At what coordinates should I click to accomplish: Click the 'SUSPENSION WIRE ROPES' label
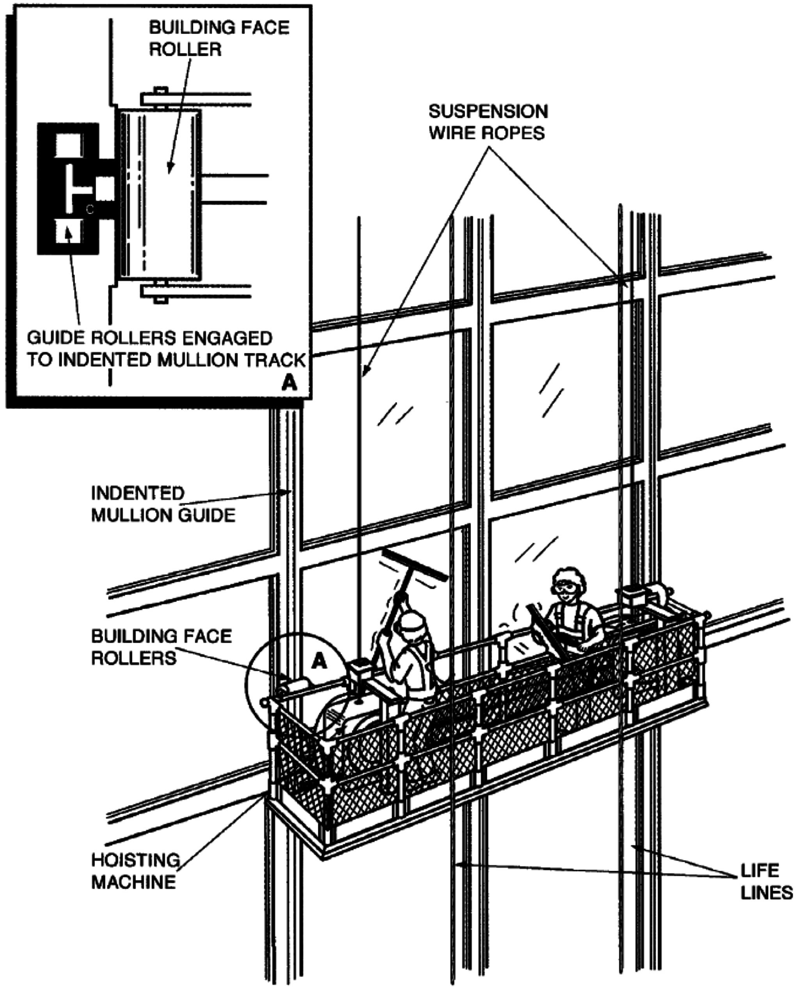[x=488, y=122]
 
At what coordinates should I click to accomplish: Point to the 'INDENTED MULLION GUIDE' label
[x=163, y=504]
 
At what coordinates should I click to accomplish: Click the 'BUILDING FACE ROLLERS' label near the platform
[x=161, y=647]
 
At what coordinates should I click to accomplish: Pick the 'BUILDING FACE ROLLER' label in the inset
[x=219, y=38]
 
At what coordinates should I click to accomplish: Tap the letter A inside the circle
[x=319, y=661]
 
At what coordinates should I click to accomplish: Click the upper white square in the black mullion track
[x=69, y=145]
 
